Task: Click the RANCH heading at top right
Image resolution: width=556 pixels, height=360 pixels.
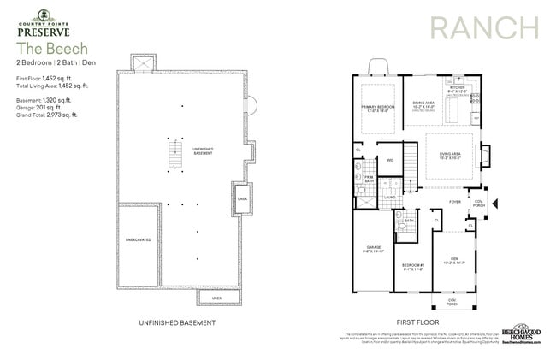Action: [484, 27]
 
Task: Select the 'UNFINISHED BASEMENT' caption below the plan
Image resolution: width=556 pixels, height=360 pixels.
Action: [175, 322]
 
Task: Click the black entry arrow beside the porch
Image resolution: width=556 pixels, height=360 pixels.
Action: [494, 203]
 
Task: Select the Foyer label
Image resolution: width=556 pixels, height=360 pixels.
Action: [455, 202]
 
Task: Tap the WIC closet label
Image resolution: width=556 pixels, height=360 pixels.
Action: [389, 159]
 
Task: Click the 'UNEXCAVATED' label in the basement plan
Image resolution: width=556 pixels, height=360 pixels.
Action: [138, 239]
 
